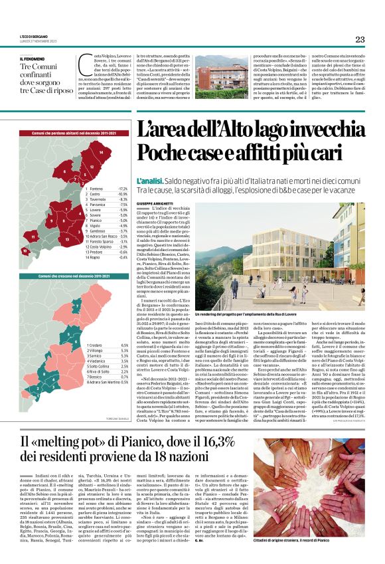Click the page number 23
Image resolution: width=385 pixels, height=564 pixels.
pyautogui.click(x=360, y=39)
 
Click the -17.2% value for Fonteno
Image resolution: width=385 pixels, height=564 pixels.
pyautogui.click(x=123, y=189)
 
